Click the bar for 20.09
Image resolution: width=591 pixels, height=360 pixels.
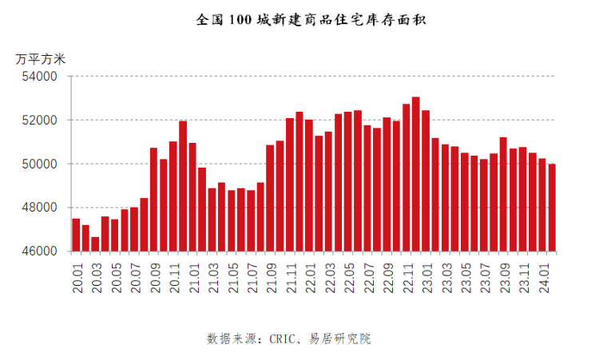(153, 199)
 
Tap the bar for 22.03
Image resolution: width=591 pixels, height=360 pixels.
(328, 191)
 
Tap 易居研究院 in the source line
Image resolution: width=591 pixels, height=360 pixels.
(340, 339)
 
